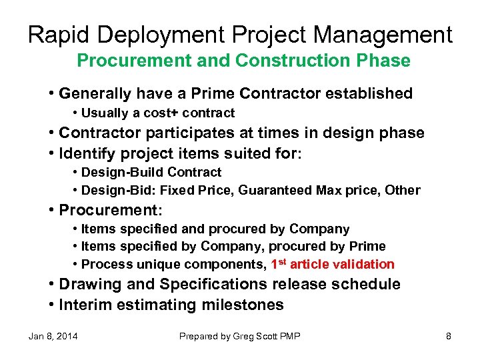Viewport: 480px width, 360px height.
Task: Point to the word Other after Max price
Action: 403,190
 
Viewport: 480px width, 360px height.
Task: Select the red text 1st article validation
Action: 332,264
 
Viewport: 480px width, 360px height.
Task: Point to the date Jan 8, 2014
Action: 53,336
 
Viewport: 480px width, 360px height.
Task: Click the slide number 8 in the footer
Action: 448,336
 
